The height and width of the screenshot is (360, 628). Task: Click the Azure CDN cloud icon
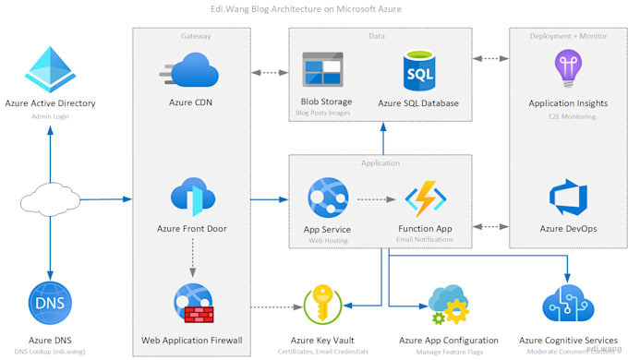coord(192,70)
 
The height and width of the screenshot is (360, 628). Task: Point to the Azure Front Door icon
coord(193,197)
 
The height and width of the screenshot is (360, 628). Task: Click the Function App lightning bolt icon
coord(426,198)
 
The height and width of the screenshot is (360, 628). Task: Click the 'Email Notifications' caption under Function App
coord(426,239)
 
